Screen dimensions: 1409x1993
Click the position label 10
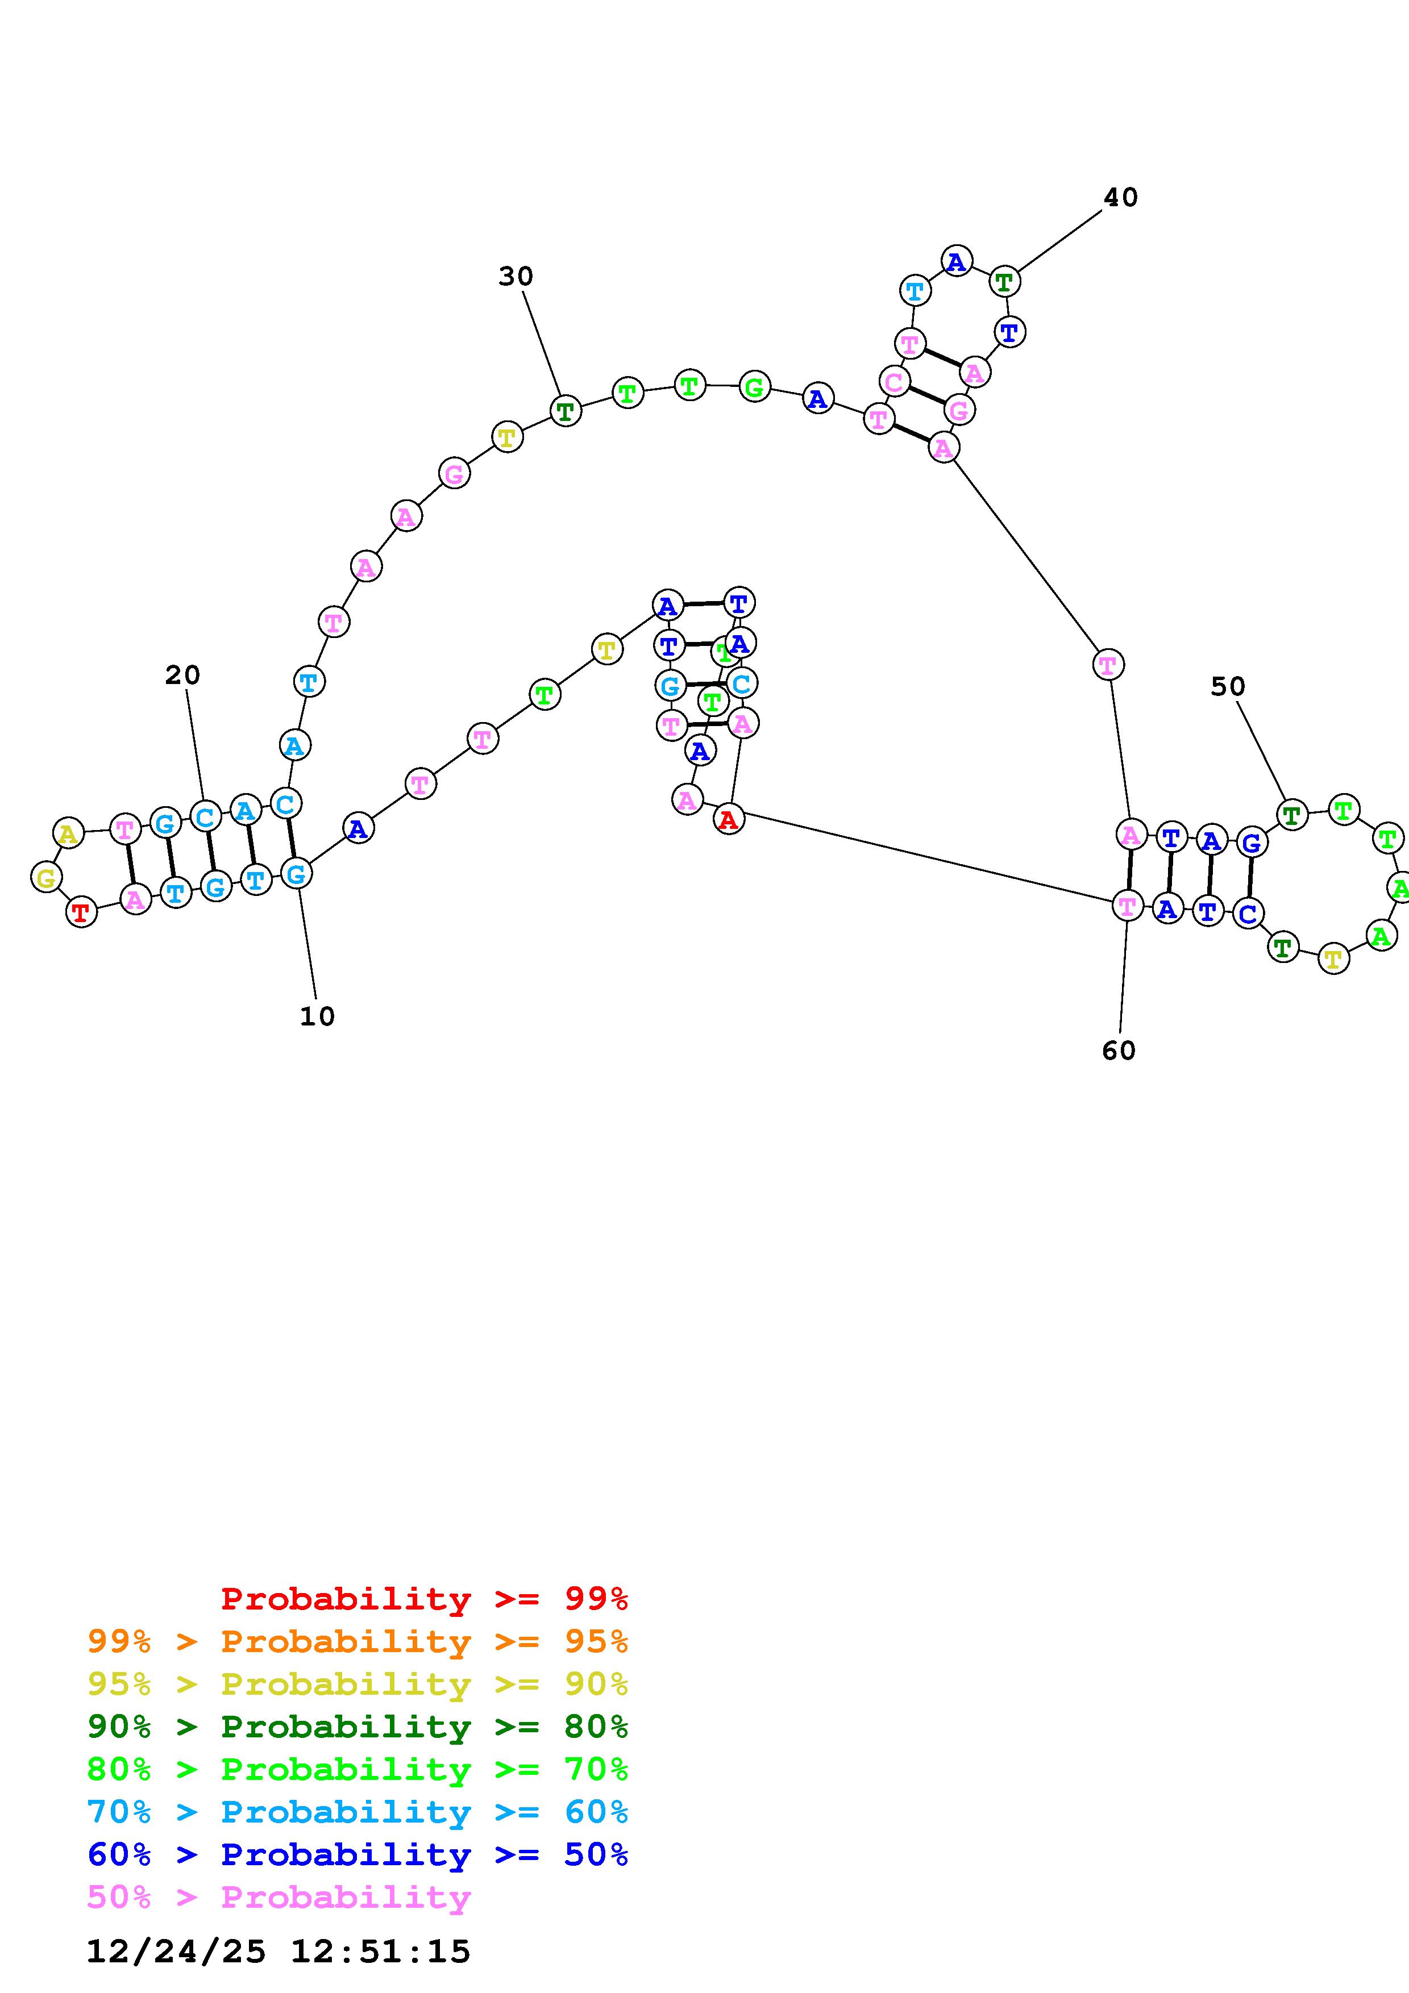click(317, 1016)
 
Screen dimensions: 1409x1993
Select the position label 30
click(515, 276)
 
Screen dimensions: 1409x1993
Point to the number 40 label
click(1120, 198)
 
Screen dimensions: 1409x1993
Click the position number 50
click(1228, 687)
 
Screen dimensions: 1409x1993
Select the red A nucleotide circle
click(729, 819)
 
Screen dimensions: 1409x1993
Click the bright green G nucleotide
click(754, 386)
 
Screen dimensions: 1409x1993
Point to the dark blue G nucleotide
click(1250, 842)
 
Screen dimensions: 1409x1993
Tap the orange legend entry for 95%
click(357, 1641)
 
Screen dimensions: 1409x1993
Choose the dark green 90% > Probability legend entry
click(357, 1727)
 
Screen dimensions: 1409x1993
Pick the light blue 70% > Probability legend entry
click(357, 1812)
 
